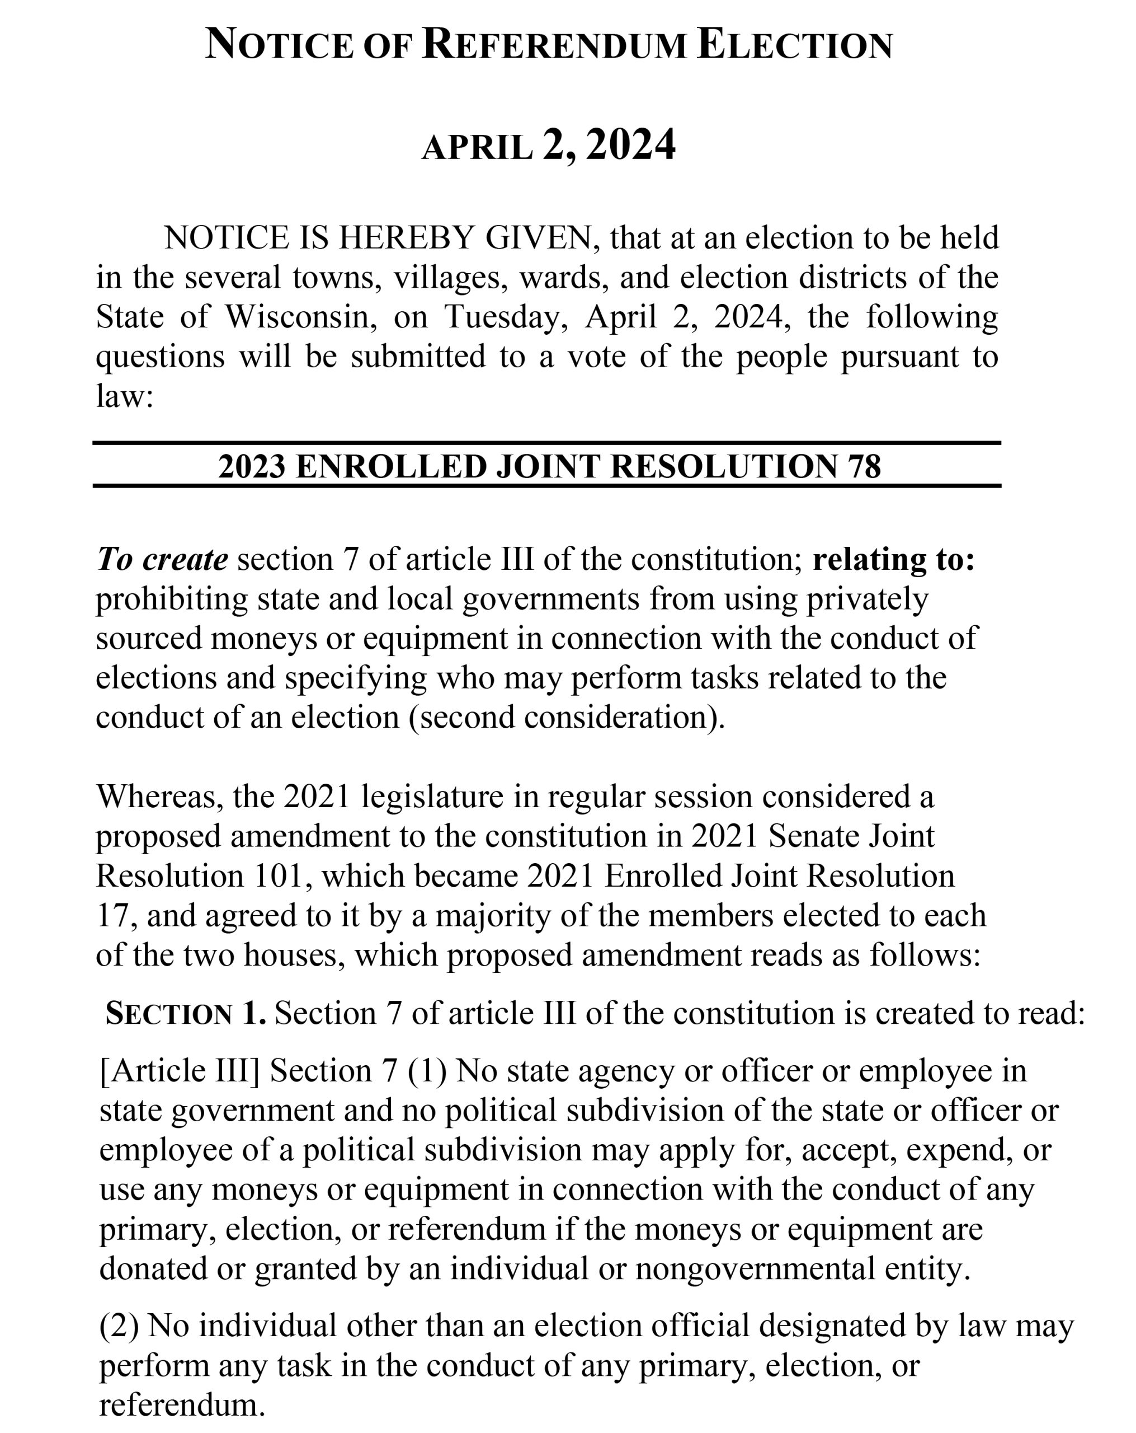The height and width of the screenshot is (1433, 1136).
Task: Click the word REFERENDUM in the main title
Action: tap(553, 45)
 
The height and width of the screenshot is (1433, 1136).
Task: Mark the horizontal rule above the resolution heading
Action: tap(546, 443)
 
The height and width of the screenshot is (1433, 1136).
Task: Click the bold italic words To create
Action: tap(162, 559)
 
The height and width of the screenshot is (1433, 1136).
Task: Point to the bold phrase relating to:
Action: tap(893, 559)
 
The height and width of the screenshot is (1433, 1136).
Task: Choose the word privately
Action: tap(867, 598)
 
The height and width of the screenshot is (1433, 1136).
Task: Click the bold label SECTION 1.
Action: tap(185, 1013)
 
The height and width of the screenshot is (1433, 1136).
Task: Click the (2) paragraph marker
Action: tap(119, 1326)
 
